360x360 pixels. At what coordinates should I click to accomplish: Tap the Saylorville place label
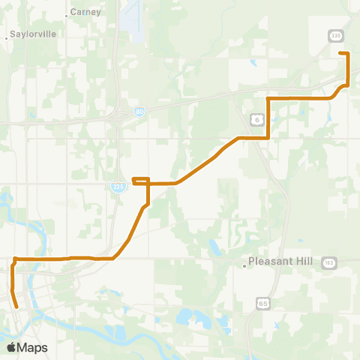pyautogui.click(x=30, y=35)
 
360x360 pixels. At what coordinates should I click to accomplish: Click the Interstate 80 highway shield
pyautogui.click(x=139, y=112)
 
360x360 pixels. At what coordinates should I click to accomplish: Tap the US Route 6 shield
pyautogui.click(x=256, y=119)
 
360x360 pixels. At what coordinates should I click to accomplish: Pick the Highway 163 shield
pyautogui.click(x=329, y=262)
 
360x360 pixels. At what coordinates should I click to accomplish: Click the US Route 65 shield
pyautogui.click(x=262, y=302)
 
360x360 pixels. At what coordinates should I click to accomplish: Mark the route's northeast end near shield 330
pyautogui.click(x=340, y=53)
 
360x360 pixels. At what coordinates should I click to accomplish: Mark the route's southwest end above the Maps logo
pyautogui.click(x=16, y=306)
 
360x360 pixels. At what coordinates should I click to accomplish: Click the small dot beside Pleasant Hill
pyautogui.click(x=244, y=265)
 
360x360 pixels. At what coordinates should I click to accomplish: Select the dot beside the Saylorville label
pyautogui.click(x=7, y=35)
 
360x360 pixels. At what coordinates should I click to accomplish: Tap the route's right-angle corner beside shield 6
pyautogui.click(x=268, y=137)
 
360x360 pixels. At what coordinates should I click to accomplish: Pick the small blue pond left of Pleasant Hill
pyautogui.click(x=214, y=248)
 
